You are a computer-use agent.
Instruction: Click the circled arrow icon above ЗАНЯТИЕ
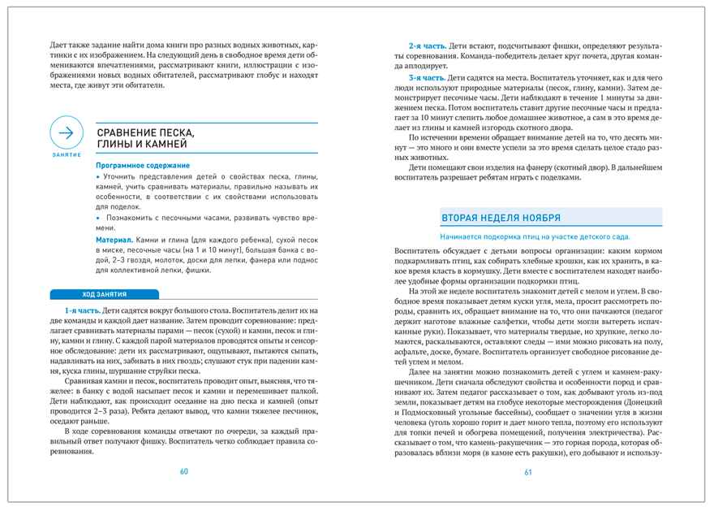[x=67, y=133]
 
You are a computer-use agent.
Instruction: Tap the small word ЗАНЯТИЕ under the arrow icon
[x=67, y=155]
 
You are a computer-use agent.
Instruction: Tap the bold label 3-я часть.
[x=425, y=77]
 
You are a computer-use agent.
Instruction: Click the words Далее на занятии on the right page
[x=445, y=370]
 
